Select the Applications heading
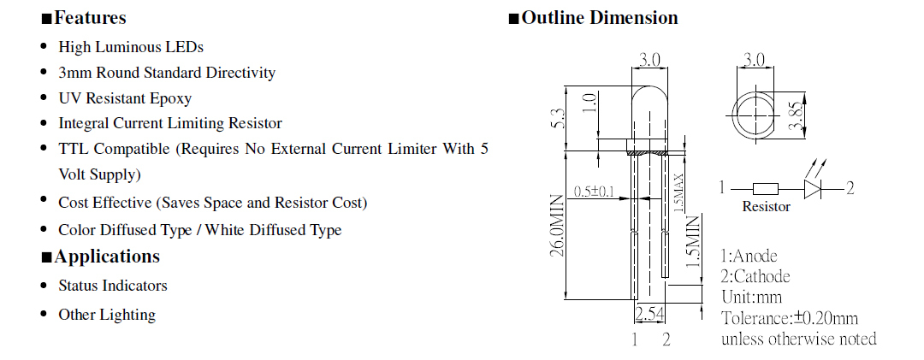point(106,257)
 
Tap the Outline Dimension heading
point(599,18)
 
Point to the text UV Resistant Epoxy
point(125,98)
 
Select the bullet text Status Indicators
point(113,286)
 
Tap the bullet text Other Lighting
point(107,315)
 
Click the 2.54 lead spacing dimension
point(651,314)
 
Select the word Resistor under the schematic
point(766,207)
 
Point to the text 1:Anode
point(750,255)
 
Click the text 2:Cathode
point(755,276)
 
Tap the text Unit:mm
point(751,298)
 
